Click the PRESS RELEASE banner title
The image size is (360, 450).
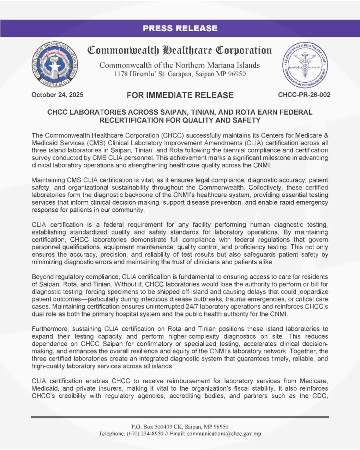(180, 29)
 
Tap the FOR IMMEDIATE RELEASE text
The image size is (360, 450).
(180, 95)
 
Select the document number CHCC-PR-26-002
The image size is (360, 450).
(304, 94)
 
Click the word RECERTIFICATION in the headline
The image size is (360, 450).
(130, 120)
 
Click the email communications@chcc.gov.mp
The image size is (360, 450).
(224, 434)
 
